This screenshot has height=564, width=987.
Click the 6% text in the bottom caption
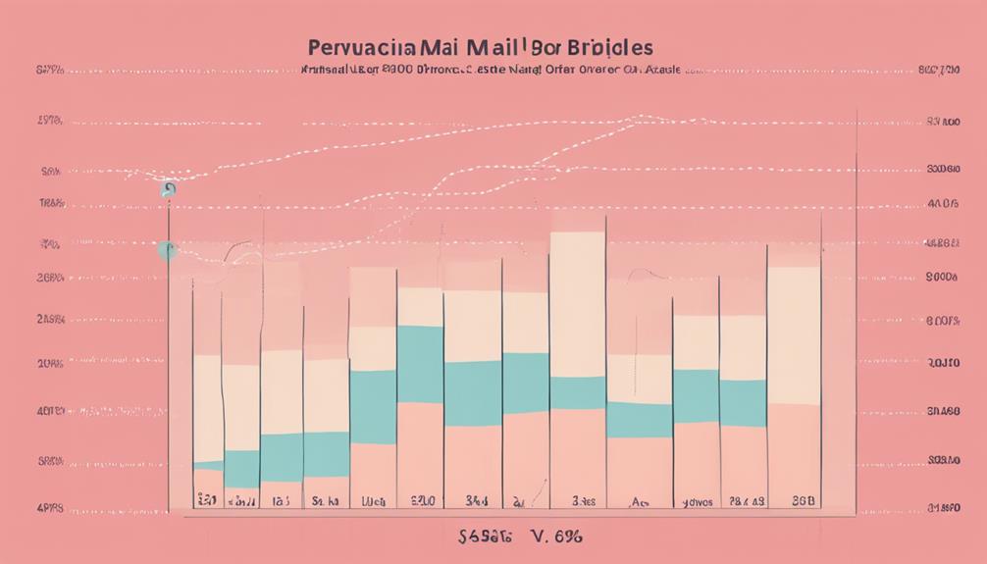[x=568, y=538]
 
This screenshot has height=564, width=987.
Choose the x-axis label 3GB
[x=803, y=501]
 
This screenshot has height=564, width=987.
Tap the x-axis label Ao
[x=639, y=501]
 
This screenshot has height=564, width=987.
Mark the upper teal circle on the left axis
[x=169, y=190]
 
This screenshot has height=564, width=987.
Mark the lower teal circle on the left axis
[x=164, y=250]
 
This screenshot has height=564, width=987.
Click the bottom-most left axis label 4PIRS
[x=50, y=509]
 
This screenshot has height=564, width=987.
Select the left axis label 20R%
[x=50, y=363]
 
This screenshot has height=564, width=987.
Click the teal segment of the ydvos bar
[x=695, y=395]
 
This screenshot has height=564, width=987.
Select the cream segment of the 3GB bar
[x=793, y=333]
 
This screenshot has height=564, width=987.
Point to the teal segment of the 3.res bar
[x=577, y=392]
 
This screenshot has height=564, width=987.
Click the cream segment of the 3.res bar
[x=577, y=304]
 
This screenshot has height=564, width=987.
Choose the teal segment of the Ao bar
[x=639, y=419]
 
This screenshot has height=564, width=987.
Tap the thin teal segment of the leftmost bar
[x=207, y=465]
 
